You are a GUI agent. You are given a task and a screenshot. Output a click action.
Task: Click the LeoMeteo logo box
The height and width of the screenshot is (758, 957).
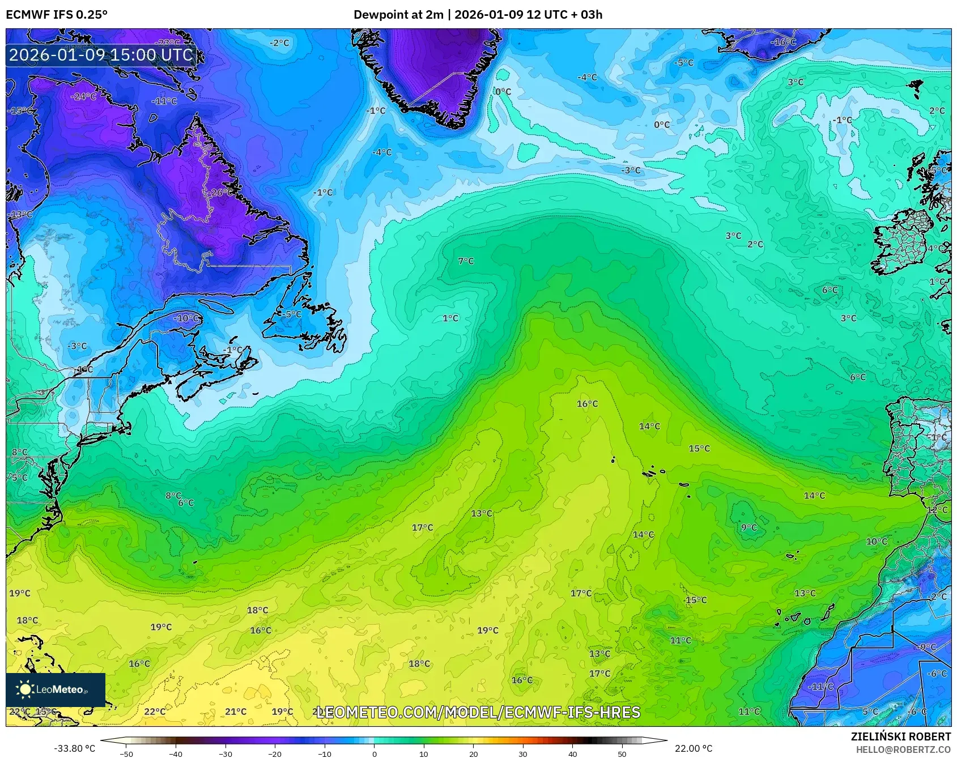56,689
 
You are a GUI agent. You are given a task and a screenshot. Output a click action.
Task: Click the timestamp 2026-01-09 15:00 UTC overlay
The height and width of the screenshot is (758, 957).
101,55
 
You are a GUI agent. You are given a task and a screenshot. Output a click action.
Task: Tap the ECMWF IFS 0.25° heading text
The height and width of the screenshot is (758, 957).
57,15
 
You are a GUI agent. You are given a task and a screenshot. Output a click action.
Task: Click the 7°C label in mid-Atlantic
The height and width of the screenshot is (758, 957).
466,261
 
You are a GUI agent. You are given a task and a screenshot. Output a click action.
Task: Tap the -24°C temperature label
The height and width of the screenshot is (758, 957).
83,97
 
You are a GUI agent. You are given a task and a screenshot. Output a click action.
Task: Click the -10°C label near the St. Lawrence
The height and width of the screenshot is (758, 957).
186,318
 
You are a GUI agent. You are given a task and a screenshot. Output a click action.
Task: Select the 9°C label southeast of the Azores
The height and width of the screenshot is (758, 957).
748,527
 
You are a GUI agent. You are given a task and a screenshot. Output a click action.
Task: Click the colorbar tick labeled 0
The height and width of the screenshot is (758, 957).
374,753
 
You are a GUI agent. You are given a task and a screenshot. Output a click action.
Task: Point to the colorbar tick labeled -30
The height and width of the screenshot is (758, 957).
226,753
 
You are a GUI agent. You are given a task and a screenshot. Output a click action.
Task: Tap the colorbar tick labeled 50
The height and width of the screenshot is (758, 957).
622,753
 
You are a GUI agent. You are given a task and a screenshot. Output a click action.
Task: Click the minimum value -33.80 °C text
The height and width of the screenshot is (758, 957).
74,748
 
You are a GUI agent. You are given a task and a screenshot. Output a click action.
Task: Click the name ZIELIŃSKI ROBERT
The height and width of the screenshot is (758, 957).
900,736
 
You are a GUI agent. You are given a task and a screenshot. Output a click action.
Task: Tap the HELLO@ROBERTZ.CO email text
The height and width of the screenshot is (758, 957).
903,750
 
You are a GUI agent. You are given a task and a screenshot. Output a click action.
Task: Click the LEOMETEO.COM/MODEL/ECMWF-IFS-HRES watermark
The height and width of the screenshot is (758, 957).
478,712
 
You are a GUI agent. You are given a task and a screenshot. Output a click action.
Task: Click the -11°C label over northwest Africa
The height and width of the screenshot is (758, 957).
820,687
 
